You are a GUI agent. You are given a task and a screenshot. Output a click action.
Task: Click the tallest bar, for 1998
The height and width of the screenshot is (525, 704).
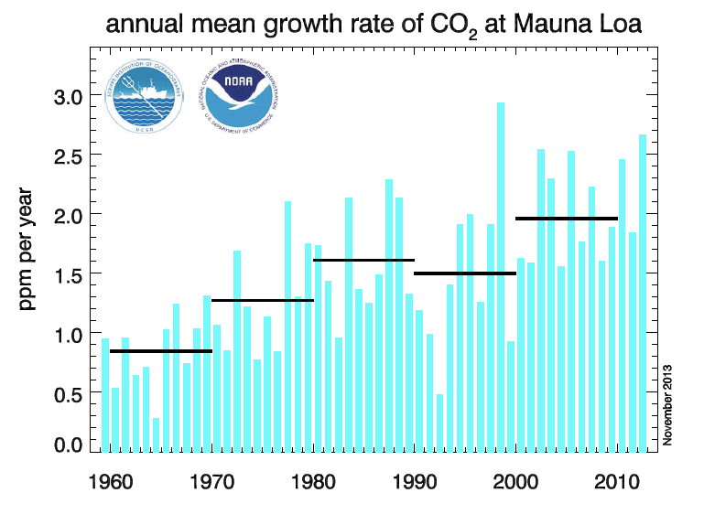point(501,274)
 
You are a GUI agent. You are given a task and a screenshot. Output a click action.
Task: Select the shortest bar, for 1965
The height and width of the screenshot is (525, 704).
point(157,434)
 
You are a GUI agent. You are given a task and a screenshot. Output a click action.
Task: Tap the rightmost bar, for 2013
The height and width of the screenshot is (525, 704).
point(643,293)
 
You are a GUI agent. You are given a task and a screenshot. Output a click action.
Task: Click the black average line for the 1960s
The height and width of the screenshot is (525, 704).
point(161,351)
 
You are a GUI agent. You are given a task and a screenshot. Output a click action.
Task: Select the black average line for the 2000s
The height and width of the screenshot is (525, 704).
point(567,219)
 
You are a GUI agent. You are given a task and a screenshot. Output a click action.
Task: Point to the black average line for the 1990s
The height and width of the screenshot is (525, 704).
point(465,273)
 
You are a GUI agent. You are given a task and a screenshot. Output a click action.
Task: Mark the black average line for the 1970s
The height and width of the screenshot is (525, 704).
point(263,300)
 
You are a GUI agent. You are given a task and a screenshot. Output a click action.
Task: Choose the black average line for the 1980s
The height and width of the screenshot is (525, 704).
point(363,261)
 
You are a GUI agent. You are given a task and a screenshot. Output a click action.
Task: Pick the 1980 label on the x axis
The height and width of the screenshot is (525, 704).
point(314,483)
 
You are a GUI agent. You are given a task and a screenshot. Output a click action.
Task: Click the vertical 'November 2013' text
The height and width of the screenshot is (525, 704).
point(668,402)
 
